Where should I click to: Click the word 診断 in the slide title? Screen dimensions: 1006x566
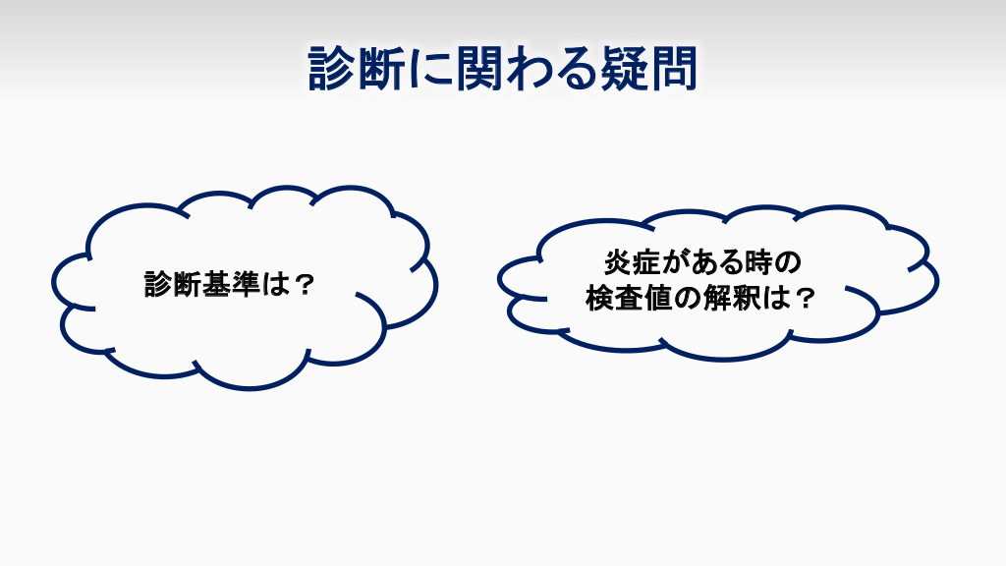[x=357, y=68]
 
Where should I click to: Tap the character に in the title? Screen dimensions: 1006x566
[x=430, y=68]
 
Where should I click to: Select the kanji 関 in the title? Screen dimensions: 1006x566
[x=478, y=68]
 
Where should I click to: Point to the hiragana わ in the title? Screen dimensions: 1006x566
[x=528, y=68]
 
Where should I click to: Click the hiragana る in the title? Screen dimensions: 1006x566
[x=575, y=69]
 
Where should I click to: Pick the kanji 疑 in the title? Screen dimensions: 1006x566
[x=624, y=68]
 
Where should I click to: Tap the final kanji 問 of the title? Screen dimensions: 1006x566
[x=673, y=68]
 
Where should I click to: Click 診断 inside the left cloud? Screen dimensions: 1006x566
[x=173, y=284]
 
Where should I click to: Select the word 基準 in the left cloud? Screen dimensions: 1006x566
[x=230, y=284]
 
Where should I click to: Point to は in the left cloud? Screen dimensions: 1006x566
[x=274, y=284]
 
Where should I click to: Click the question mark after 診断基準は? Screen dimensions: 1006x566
[x=303, y=284]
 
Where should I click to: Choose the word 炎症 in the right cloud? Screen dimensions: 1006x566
[x=634, y=262]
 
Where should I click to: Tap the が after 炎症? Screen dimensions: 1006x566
[x=676, y=262]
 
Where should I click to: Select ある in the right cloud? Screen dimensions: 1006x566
[x=718, y=262]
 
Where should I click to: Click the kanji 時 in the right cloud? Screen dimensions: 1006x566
[x=761, y=262]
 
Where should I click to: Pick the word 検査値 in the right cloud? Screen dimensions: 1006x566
[x=628, y=297]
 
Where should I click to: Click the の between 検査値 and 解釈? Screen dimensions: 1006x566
[x=687, y=298]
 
